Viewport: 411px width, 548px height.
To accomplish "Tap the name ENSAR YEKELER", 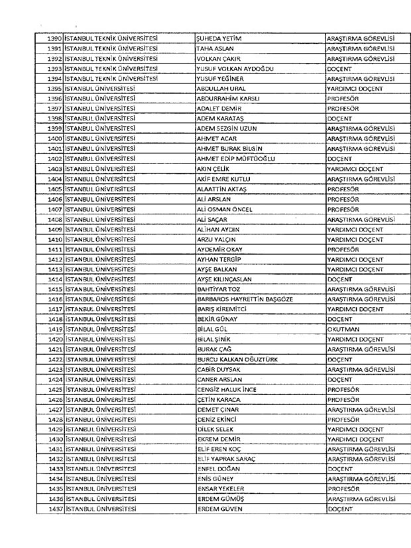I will [x=221, y=489].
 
